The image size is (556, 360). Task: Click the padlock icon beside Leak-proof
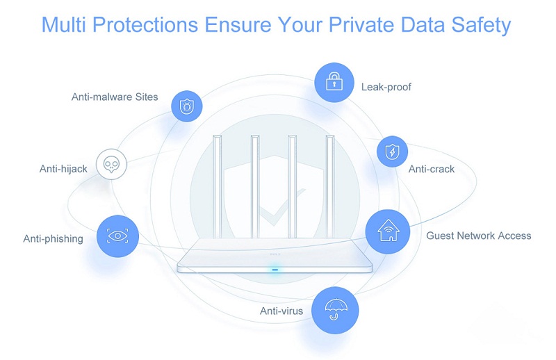(334, 82)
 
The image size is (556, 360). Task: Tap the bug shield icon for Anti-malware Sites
(186, 106)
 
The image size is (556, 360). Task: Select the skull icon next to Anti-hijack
(111, 164)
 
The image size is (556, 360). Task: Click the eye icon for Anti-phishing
(117, 236)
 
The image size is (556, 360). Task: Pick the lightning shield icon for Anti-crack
(392, 152)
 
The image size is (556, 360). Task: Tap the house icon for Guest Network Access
(388, 231)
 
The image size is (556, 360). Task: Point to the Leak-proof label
(386, 87)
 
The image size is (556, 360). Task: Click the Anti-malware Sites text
(115, 97)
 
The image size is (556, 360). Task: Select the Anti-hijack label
(63, 169)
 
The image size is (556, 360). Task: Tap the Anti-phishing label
(54, 238)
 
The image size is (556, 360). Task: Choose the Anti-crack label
(431, 169)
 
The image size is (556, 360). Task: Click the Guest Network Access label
(479, 236)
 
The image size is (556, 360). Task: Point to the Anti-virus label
(281, 311)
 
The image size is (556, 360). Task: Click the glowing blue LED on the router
(275, 270)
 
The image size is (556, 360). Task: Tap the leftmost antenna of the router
(217, 186)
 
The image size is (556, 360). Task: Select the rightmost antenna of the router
(330, 186)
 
